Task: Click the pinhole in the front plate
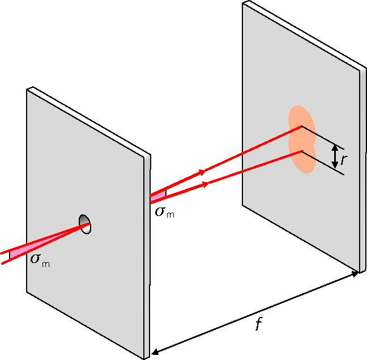[x=85, y=224]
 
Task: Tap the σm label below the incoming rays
[x=40, y=260]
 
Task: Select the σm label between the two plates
[x=165, y=212]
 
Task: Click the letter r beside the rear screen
[x=344, y=159]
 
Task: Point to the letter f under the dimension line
[x=258, y=324]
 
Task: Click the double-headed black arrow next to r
[x=335, y=156]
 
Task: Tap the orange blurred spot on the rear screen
[x=302, y=139]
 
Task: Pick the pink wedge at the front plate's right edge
[x=158, y=196]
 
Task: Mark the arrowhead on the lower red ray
[x=205, y=184]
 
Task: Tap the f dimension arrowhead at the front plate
[x=155, y=351]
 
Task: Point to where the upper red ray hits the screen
[x=301, y=126]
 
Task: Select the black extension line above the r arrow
[x=323, y=138]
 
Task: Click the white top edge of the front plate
[x=88, y=121]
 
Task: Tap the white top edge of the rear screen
[x=304, y=35]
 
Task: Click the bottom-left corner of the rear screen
[x=242, y=206]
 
